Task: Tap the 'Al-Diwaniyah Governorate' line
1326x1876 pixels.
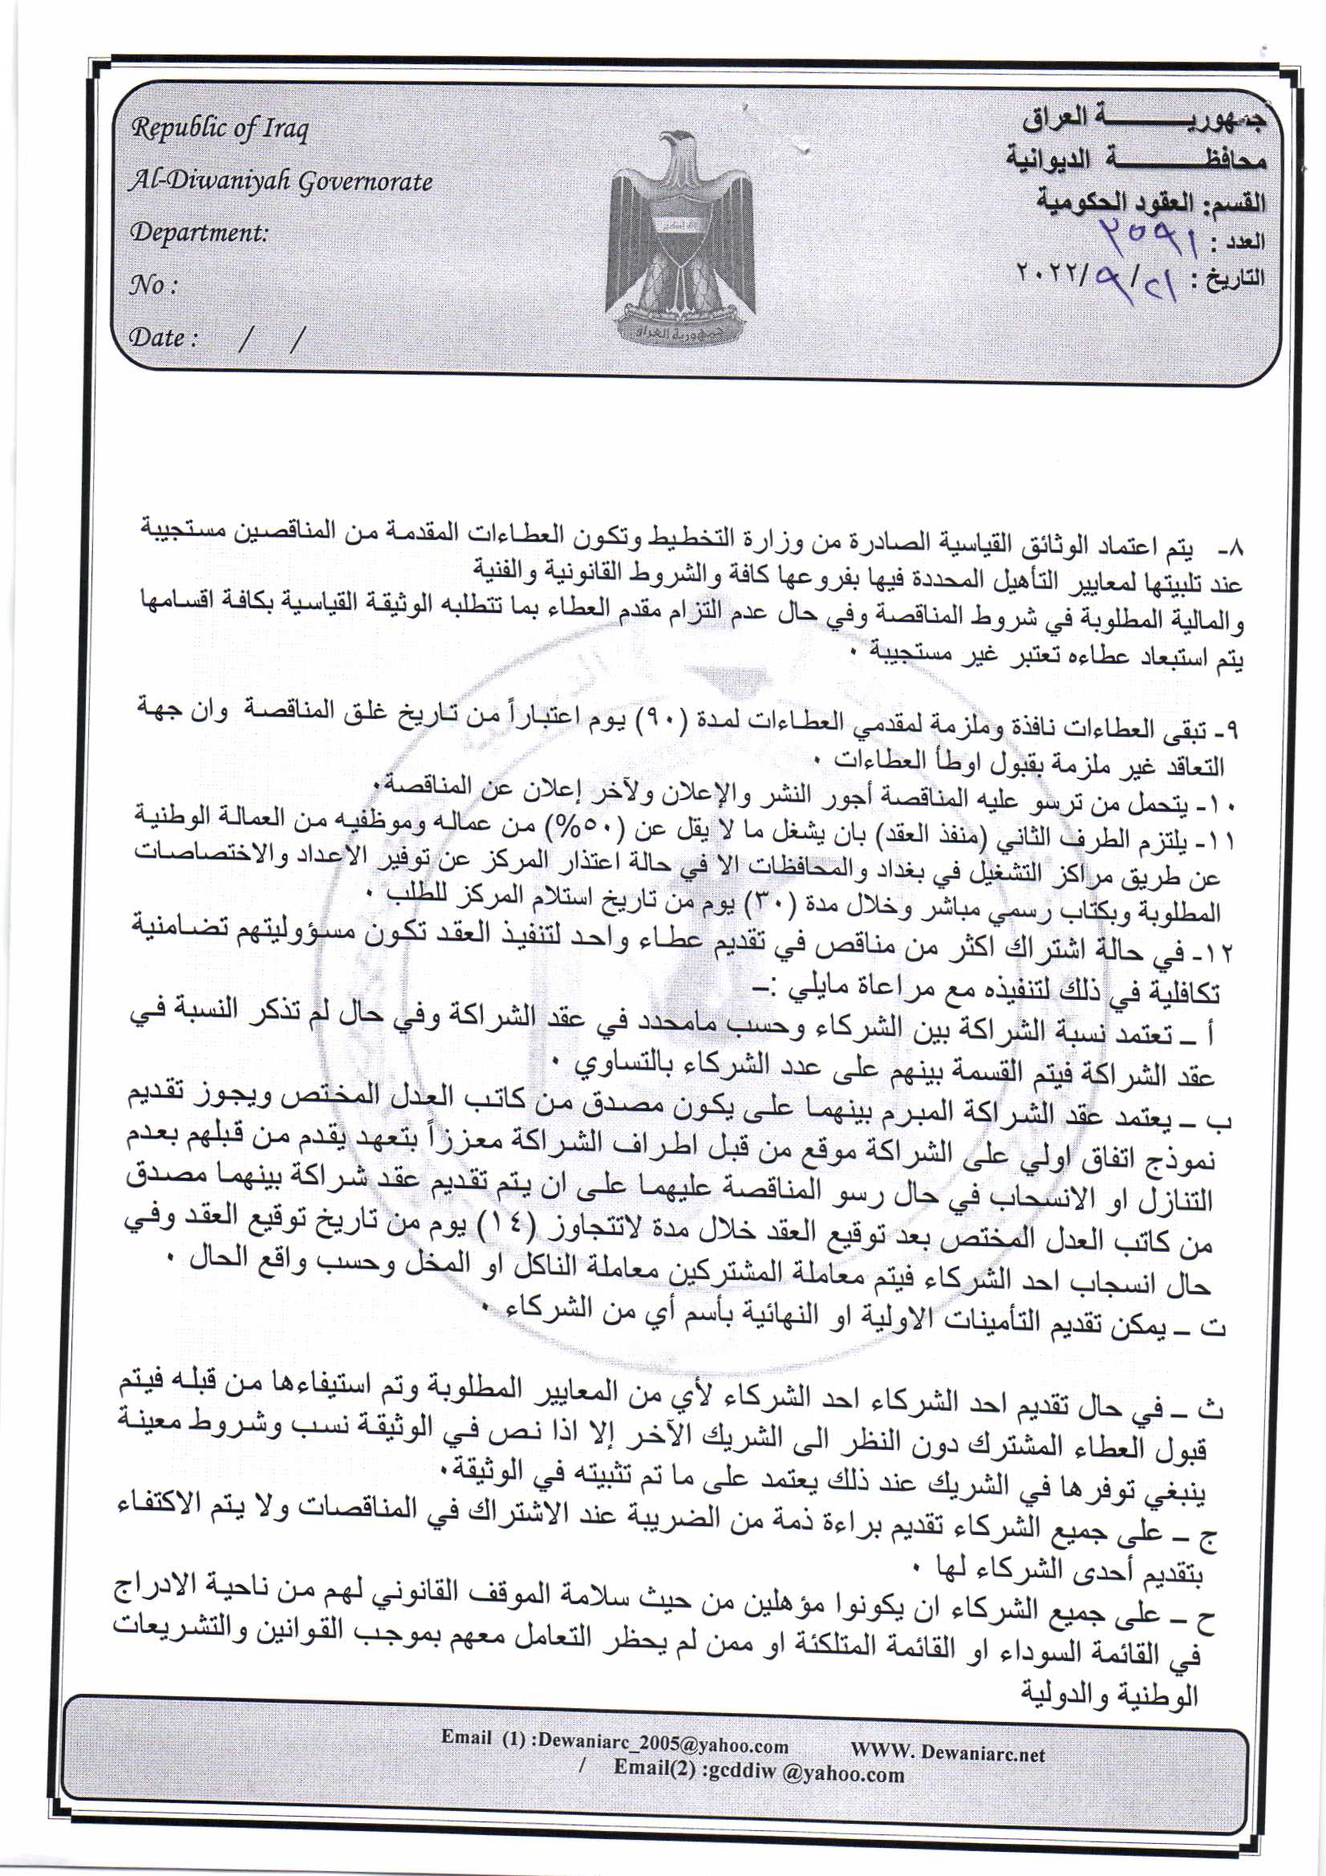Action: pos(280,181)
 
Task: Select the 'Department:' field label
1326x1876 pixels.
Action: pos(200,233)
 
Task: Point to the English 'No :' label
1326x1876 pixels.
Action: pos(153,285)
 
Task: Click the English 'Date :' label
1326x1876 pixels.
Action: pos(164,338)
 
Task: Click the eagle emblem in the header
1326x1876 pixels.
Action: pos(679,237)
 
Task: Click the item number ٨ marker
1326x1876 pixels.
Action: pos(1233,544)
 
